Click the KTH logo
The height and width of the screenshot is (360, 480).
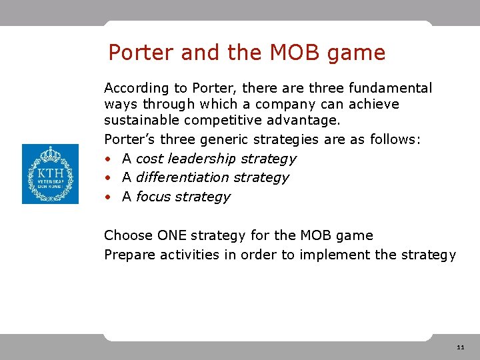coord(50,174)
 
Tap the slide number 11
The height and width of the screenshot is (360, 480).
coord(461,347)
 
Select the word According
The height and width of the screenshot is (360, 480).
coord(137,88)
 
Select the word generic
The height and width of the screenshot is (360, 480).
coord(255,140)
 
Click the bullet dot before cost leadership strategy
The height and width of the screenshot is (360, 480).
coord(108,159)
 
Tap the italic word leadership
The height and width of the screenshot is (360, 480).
coord(203,159)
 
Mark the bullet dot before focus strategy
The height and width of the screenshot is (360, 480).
coord(108,197)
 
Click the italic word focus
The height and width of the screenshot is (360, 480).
coord(153,197)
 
